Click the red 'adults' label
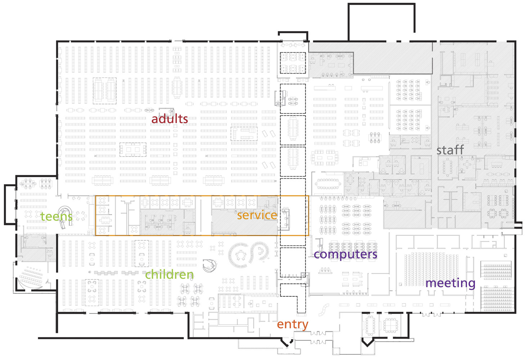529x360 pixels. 170,119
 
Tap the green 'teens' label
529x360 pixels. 56,216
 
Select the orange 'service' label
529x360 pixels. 257,215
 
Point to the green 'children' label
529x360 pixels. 169,275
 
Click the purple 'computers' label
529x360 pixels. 345,254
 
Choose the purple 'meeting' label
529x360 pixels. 450,283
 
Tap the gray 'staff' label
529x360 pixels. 450,150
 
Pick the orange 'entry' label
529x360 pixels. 292,324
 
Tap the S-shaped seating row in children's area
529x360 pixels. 262,251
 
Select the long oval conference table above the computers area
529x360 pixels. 327,184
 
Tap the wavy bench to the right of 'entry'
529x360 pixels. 324,309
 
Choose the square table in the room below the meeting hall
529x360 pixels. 390,325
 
